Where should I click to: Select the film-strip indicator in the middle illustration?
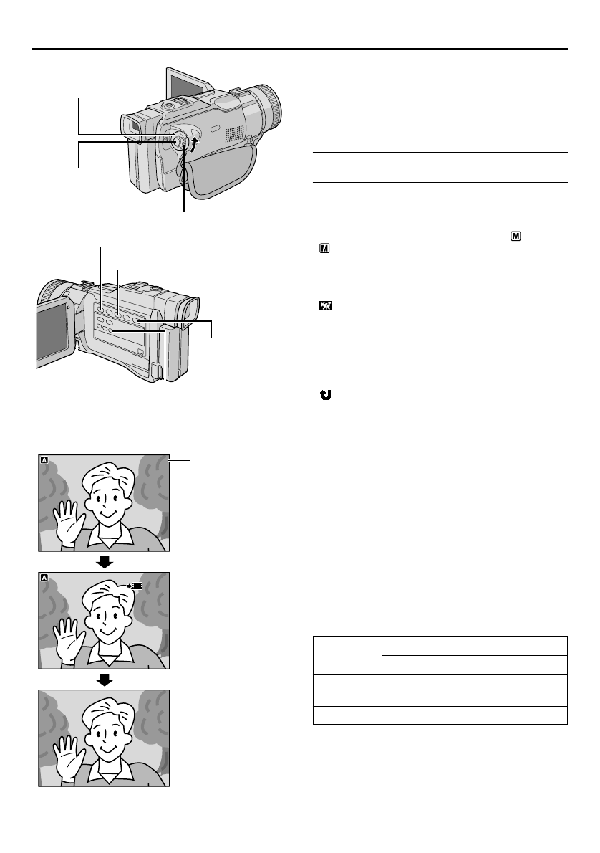(x=135, y=586)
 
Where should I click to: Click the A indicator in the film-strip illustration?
(x=44, y=578)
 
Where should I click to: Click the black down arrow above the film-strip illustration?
(x=105, y=562)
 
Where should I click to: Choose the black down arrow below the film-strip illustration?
(x=105, y=680)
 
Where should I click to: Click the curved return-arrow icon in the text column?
(x=324, y=394)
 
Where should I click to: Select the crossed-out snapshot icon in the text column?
(x=324, y=306)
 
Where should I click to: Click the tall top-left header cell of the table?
(x=347, y=654)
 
